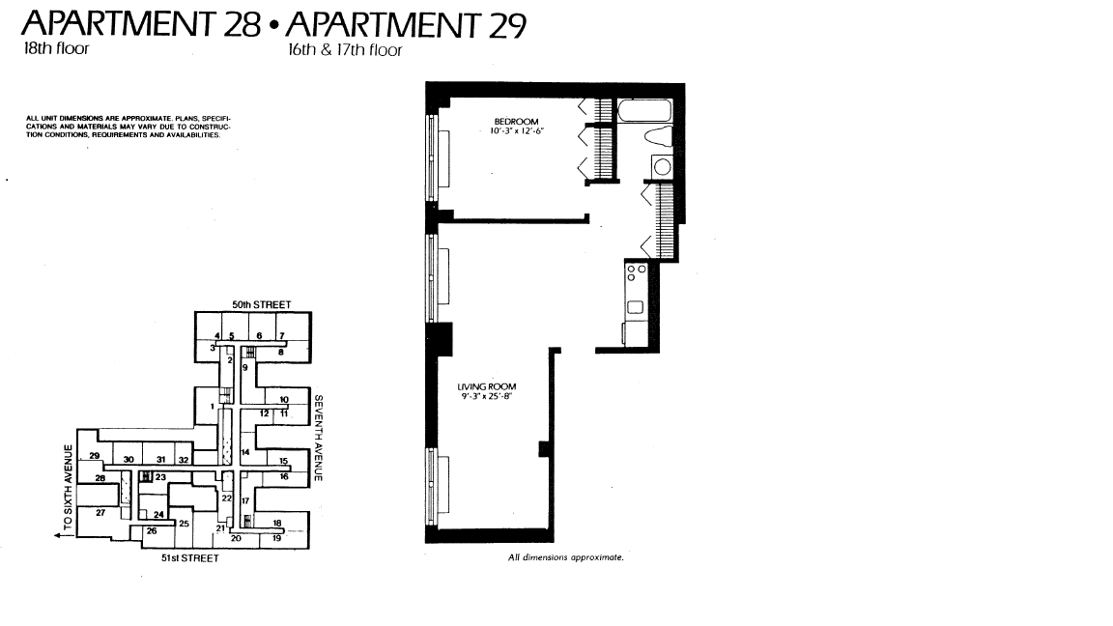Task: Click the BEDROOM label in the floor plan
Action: [x=516, y=122]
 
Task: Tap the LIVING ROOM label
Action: [x=487, y=386]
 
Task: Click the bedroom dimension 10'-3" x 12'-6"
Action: [x=516, y=131]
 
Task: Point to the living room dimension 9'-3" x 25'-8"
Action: [x=487, y=396]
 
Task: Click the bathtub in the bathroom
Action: [x=644, y=111]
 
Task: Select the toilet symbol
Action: [x=658, y=137]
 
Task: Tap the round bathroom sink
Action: [x=662, y=167]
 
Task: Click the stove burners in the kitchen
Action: [x=637, y=272]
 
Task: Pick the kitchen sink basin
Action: [x=636, y=307]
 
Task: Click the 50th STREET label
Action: [x=261, y=304]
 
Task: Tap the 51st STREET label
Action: [x=189, y=557]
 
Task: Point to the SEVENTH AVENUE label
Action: [x=318, y=438]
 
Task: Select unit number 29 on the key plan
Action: [x=95, y=456]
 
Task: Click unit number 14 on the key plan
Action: [x=244, y=452]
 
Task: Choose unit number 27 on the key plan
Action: [x=100, y=512]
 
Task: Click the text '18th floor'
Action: [x=56, y=48]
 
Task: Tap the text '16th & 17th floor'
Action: [x=345, y=49]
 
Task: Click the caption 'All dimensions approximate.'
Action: [x=566, y=557]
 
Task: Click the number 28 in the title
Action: [x=243, y=24]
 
